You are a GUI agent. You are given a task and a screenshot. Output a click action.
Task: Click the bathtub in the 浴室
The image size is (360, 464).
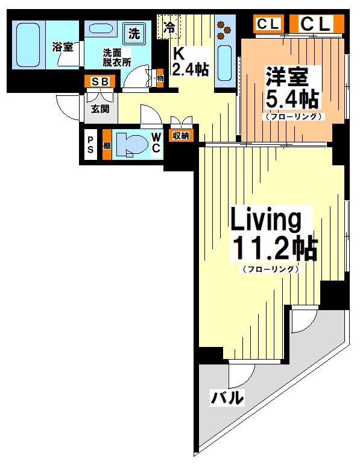pyautogui.click(x=28, y=45)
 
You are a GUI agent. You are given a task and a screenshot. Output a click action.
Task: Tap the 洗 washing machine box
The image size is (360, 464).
pyautogui.click(x=134, y=34)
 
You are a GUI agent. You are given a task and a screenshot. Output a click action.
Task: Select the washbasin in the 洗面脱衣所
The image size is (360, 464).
pyautogui.click(x=100, y=29)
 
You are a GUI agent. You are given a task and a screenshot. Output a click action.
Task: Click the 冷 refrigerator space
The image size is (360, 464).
pyautogui.click(x=169, y=27)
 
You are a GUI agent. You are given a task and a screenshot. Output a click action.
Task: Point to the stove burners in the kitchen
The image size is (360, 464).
pyautogui.click(x=224, y=30)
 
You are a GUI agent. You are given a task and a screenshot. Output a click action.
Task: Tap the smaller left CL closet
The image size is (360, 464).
pyautogui.click(x=268, y=24)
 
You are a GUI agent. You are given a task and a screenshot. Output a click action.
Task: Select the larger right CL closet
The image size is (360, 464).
pyautogui.click(x=317, y=24)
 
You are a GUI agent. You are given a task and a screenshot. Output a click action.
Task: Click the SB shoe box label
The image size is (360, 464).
pyautogui.click(x=100, y=81)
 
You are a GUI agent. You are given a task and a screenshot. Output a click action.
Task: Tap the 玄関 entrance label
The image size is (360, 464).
pyautogui.click(x=100, y=109)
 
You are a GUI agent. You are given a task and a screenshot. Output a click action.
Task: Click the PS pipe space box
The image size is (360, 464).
pyautogui.click(x=90, y=145)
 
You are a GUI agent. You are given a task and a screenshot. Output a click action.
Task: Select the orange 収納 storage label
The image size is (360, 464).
pyautogui.click(x=181, y=136)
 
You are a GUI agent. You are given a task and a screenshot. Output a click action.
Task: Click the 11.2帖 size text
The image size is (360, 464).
pyautogui.click(x=275, y=249)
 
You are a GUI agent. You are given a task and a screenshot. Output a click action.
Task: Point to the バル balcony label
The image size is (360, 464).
pyautogui.click(x=227, y=398)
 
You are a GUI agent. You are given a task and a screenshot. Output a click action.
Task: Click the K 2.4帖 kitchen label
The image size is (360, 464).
pyautogui.click(x=190, y=62)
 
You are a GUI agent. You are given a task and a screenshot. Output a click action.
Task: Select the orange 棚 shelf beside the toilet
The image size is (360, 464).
pyautogui.click(x=107, y=145)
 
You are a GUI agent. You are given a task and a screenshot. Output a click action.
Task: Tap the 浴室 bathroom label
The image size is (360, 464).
pyautogui.click(x=63, y=47)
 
